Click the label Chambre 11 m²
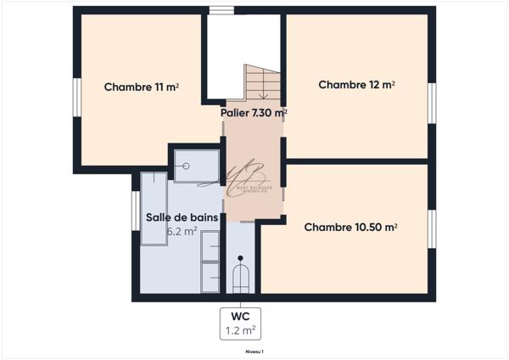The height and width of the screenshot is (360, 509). coord(141,87)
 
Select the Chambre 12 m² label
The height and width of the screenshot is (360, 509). coord(357,85)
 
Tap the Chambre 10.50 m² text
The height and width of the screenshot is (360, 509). coord(351,227)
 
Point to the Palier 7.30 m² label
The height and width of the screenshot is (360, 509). coord(254,112)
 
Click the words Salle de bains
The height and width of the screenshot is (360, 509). coord(182,217)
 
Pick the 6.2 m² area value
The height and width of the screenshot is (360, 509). coord(182,230)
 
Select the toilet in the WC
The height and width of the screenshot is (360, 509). coord(241,278)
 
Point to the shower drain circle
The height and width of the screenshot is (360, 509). coord(183,166)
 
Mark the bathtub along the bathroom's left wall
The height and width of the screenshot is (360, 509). coord(154,208)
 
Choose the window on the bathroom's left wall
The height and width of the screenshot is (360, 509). coord(135,210)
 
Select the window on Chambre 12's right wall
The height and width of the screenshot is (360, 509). coord(431,104)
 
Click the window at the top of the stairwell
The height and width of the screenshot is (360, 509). coord(221,11)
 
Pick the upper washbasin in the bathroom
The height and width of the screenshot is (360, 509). coord(210,245)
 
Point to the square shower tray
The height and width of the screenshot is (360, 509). coord(193,162)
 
